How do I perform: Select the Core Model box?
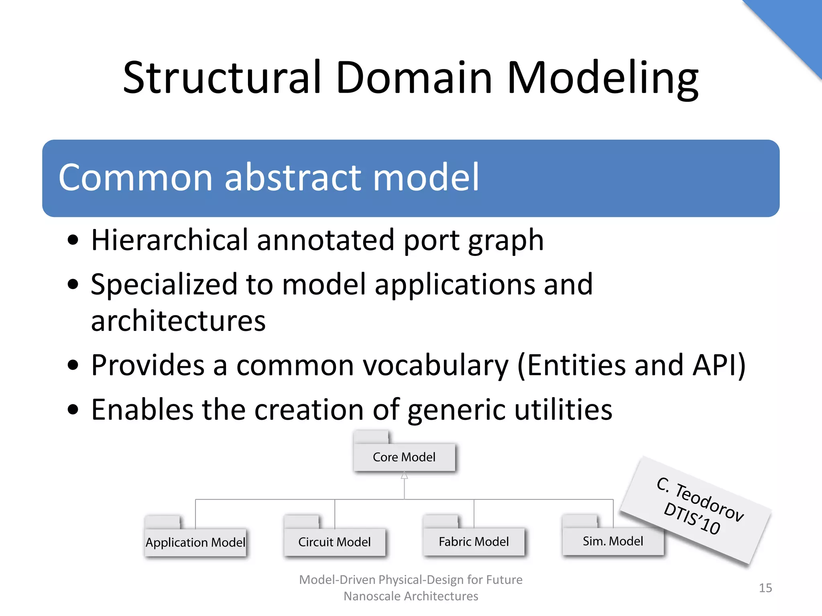coord(404,457)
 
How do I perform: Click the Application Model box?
coord(195,542)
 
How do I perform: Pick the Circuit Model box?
coord(334,542)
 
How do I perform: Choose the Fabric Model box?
coord(474,541)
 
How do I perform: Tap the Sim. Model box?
coord(613,541)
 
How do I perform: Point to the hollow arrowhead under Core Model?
coord(404,476)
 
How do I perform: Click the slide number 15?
coord(765,588)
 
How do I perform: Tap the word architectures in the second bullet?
coord(178,321)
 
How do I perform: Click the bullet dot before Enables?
coord(73,410)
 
